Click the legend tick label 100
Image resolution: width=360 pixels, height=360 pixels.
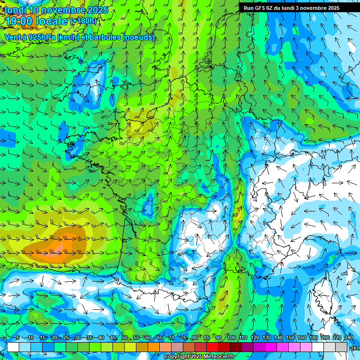pos(231,338)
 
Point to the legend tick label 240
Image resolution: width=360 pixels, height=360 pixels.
pos(348,338)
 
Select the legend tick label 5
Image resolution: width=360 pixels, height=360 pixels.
pos(17,338)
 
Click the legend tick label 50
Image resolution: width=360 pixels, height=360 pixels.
pos(125,338)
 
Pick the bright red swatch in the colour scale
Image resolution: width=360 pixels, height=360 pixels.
pos(212,347)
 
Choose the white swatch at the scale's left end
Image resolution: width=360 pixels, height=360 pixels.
pos(13,347)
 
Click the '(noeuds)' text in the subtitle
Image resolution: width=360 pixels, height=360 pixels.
pos(139,37)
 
